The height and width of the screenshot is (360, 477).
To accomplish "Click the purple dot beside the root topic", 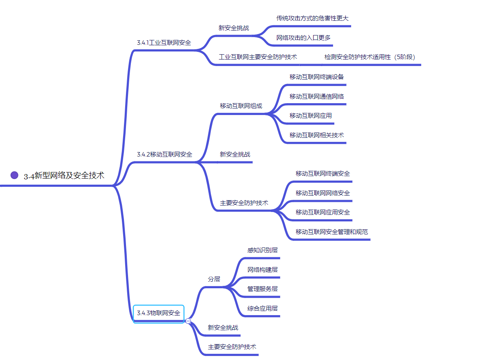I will click(x=15, y=175).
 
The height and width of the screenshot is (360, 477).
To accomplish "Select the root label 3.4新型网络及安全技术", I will click(x=64, y=176).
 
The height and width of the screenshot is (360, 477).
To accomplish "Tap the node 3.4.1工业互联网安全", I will click(x=164, y=42).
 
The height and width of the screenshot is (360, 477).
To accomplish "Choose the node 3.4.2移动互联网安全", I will click(x=165, y=155).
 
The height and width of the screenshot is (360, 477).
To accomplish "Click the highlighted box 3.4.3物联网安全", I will click(x=159, y=313).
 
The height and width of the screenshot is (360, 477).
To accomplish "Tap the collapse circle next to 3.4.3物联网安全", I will click(x=188, y=321).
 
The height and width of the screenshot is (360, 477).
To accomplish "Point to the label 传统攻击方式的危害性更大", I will click(x=312, y=18).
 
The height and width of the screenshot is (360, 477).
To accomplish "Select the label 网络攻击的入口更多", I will click(x=303, y=38).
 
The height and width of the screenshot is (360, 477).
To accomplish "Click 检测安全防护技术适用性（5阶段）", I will click(x=370, y=57).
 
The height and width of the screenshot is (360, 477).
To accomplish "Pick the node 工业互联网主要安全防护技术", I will click(x=258, y=57).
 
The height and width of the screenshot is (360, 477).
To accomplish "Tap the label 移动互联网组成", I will click(x=241, y=106).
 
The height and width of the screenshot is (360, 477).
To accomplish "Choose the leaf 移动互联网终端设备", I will click(x=316, y=77).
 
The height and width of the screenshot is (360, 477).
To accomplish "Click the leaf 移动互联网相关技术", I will click(x=316, y=135).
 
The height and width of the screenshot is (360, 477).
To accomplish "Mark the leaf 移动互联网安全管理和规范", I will click(x=331, y=232).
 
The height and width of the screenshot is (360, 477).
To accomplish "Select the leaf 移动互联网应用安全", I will click(x=322, y=212).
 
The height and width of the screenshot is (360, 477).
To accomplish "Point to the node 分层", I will click(x=214, y=279).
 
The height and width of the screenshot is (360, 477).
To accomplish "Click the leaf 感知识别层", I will click(x=262, y=250).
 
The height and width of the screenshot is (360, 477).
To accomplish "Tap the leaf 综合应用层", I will click(x=262, y=309).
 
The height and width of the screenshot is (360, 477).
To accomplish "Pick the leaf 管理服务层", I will click(x=262, y=289).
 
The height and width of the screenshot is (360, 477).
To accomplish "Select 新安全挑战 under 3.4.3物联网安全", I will click(x=223, y=328).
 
